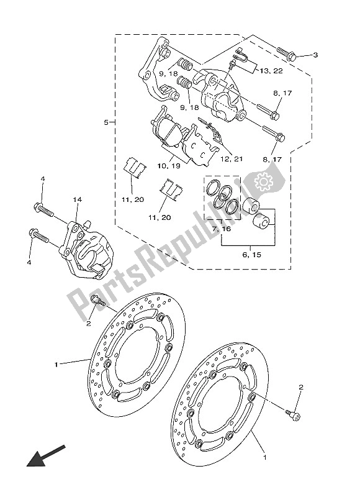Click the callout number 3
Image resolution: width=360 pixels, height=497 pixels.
coord(315,55)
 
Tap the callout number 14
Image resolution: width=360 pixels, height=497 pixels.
coord(77,200)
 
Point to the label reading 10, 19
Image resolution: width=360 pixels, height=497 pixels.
coord(169,166)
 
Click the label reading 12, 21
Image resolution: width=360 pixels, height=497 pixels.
coord(230,159)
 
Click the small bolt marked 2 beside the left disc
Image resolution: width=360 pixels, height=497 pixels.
coord(97,302)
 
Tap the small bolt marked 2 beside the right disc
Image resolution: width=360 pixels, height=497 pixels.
coord(294,413)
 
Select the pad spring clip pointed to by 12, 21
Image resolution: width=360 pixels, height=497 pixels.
coord(210,130)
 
